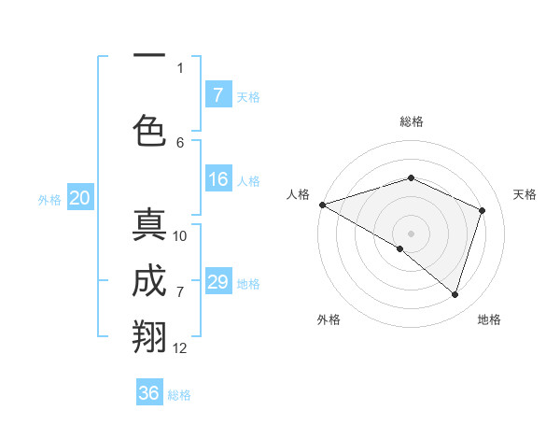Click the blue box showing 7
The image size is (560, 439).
pos(217,94)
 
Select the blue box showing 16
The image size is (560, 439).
pos(217,179)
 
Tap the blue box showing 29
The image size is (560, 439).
pos(217,282)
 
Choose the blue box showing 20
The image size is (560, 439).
pos(80,197)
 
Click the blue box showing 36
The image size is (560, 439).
pos(149,393)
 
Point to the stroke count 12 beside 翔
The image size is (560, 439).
pos(180,348)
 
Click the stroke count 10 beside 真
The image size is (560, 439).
pos(180,236)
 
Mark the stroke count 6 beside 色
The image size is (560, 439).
pos(180,142)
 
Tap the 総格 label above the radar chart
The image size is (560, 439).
pos(411,121)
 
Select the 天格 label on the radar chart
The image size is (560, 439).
pos(525,194)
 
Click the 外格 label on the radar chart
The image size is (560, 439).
pos(329,319)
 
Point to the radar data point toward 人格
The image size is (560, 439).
pos(322,204)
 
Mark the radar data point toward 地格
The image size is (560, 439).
pos(455,294)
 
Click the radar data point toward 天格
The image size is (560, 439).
pos(482,210)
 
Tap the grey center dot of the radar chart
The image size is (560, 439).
pos(411,233)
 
